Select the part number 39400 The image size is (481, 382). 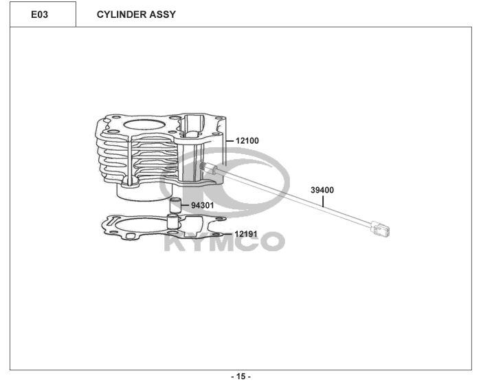(322, 189)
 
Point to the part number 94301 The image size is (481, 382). (202, 205)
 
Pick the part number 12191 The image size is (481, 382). (245, 234)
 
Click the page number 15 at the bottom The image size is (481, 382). (240, 376)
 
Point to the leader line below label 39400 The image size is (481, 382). (323, 200)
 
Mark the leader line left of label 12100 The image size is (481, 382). (230, 141)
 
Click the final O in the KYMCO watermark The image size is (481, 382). (270, 242)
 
